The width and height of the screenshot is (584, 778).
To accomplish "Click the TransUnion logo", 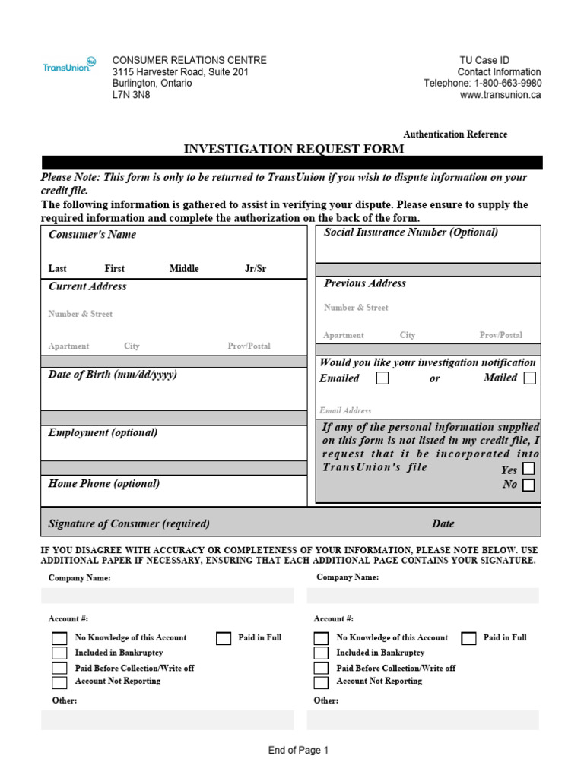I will coord(69,65).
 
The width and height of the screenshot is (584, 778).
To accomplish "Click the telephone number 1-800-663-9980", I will coord(508,84).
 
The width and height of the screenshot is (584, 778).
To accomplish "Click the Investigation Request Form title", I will coord(294,149).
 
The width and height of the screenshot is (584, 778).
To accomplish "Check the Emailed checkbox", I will coord(382,378).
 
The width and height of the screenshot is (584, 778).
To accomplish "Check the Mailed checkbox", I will coord(529,378).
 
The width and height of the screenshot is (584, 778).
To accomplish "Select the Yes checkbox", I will coord(528,469).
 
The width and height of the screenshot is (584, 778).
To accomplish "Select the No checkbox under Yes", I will coord(528,485).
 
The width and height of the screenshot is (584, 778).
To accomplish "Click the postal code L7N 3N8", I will coord(132,96).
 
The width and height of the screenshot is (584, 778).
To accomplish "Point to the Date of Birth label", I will coord(113,375).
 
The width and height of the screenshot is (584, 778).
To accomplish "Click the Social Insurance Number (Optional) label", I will coord(411,232).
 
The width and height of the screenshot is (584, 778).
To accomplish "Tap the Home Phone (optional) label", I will coord(104,483).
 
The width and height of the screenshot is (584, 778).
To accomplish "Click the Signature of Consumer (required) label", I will coord(129,523).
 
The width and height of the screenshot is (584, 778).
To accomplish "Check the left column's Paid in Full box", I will coord(224,638).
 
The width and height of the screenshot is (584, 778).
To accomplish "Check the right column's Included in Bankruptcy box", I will coord(322,653).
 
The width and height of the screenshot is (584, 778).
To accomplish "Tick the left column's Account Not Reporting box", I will coord(59,682).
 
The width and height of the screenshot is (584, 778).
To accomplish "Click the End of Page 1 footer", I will coord(298,751).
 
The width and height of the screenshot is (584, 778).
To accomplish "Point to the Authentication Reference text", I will coord(455,134).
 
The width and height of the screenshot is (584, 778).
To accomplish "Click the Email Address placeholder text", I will coord(345,410).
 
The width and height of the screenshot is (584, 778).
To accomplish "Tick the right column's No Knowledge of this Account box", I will coord(322,638).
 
